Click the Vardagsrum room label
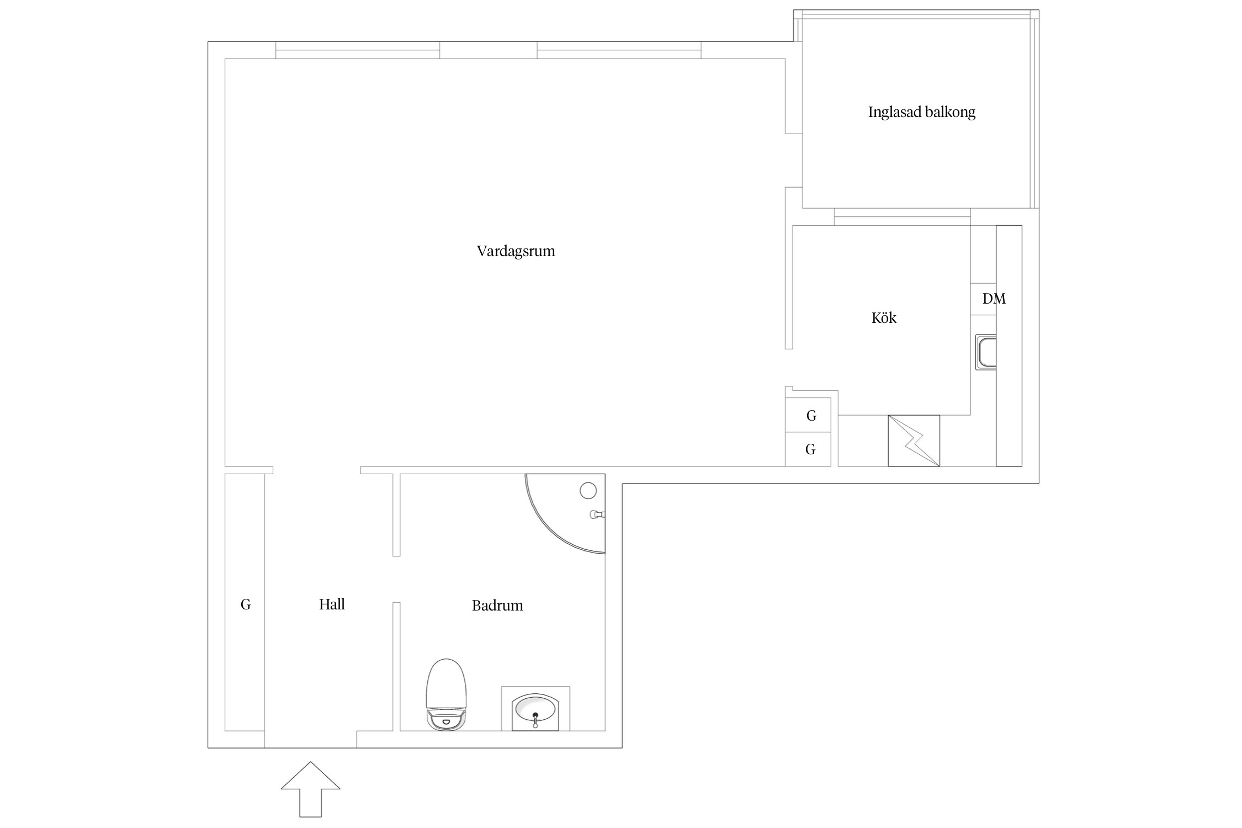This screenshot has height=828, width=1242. point(516,252)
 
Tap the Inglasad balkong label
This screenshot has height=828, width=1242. point(921,112)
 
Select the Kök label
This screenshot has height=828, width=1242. point(884,317)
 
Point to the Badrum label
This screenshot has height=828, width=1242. point(497,606)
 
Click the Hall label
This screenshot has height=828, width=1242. point(332,604)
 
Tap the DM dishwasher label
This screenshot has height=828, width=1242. point(994,299)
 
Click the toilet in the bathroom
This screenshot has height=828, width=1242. point(446,694)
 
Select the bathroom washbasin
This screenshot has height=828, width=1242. point(535,712)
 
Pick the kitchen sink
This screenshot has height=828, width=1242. point(986,352)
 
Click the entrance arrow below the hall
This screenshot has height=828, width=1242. point(310,789)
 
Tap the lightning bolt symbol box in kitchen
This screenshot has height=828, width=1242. point(914,440)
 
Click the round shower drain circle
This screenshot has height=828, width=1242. point(588,490)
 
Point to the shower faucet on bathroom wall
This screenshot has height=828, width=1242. point(597,514)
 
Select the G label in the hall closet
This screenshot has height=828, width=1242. point(246,604)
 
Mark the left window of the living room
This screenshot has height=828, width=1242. point(358,50)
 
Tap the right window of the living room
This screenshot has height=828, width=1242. point(619,50)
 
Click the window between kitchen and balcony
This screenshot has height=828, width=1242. point(902,217)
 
